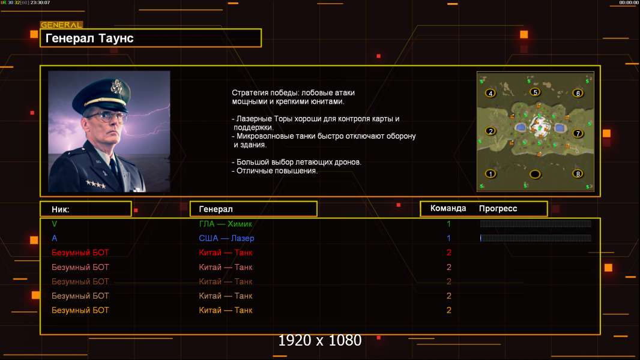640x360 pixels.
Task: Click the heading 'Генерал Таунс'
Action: pyautogui.click(x=89, y=38)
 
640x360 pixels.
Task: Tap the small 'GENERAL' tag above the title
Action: pyautogui.click(x=61, y=25)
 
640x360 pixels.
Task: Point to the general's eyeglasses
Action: pyautogui.click(x=107, y=116)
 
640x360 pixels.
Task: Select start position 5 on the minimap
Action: pyautogui.click(x=535, y=92)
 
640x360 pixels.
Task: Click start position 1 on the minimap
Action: pyautogui.click(x=491, y=175)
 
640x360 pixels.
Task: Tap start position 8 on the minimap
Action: pyautogui.click(x=578, y=175)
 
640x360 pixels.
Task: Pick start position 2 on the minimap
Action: pyautogui.click(x=491, y=132)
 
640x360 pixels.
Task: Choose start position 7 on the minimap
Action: pyautogui.click(x=578, y=134)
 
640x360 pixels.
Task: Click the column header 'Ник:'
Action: pyautogui.click(x=61, y=209)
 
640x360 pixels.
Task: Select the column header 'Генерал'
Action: pyautogui.click(x=216, y=209)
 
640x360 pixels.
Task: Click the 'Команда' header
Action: pyautogui.click(x=448, y=209)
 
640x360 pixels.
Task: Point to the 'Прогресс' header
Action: pyautogui.click(x=498, y=209)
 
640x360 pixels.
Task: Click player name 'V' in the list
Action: pyautogui.click(x=55, y=224)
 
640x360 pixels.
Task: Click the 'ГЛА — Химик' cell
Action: pyautogui.click(x=226, y=224)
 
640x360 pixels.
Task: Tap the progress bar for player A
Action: pyautogui.click(x=536, y=238)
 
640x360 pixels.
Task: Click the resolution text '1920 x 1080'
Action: pyautogui.click(x=319, y=341)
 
